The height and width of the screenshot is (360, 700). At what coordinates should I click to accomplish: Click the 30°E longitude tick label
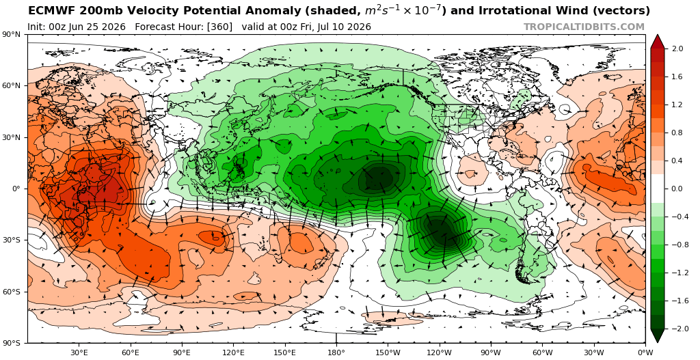click(x=79, y=352)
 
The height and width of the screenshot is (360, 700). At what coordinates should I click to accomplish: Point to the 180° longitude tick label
click(x=336, y=352)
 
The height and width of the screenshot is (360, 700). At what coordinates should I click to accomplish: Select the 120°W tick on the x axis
click(x=440, y=352)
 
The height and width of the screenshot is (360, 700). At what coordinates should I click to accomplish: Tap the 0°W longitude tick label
click(x=645, y=352)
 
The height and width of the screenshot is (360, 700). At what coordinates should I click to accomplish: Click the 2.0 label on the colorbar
click(x=677, y=49)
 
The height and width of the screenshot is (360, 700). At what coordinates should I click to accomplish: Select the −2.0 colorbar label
click(x=675, y=329)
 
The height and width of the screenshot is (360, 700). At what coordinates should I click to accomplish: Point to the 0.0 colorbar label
click(x=677, y=189)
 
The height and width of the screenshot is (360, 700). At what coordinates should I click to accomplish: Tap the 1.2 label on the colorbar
click(x=677, y=105)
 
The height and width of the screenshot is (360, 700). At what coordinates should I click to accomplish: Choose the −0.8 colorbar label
click(x=675, y=245)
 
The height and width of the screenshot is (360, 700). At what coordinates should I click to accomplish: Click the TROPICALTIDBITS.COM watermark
click(x=584, y=27)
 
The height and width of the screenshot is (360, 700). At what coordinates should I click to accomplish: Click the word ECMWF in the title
click(x=46, y=10)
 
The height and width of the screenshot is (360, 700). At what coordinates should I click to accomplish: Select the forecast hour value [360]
click(x=219, y=27)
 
